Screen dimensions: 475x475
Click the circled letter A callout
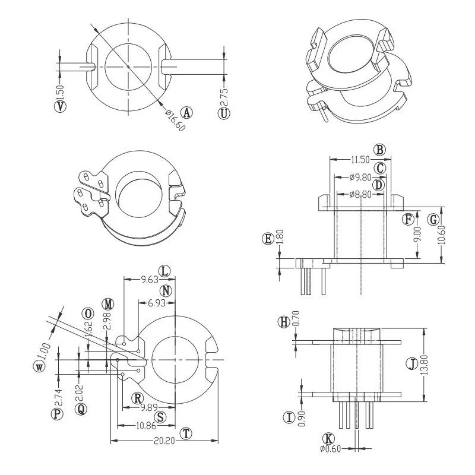[187, 113]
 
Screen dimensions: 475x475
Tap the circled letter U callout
[224, 113]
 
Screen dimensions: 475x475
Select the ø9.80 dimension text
[360, 177]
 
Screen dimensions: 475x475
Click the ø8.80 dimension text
[360, 194]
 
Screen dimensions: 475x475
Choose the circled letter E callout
[268, 239]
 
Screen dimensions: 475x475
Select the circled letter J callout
[411, 364]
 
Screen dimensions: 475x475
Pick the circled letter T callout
[186, 433]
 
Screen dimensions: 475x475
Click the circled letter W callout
[40, 366]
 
